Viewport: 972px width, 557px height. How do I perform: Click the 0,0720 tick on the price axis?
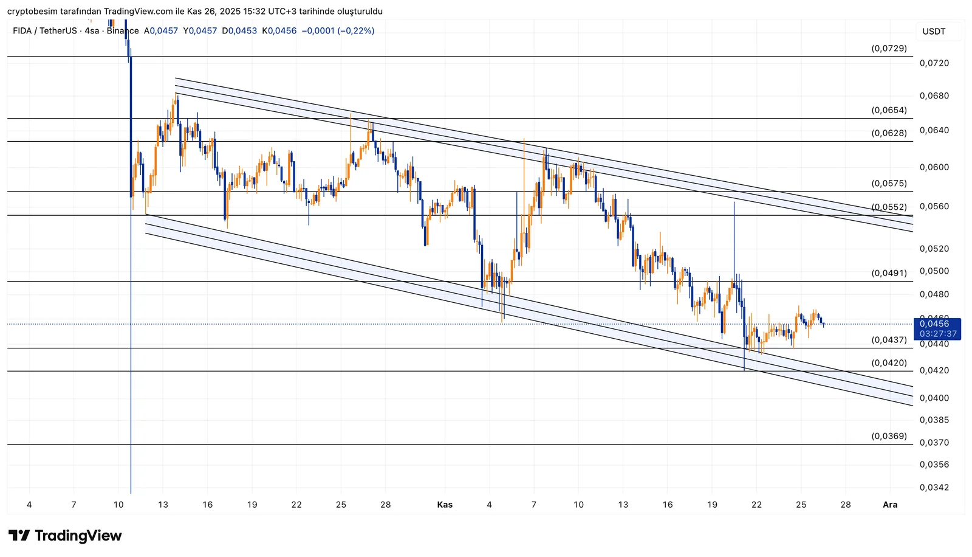(934, 63)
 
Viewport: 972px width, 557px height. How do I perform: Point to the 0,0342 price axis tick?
(934, 488)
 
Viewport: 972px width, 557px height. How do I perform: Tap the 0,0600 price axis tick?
(934, 168)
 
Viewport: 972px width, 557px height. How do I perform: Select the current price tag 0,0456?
(934, 324)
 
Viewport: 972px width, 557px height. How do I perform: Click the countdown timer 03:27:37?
(937, 334)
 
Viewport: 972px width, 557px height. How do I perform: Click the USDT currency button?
(934, 32)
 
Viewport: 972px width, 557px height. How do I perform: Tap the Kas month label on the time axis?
(445, 505)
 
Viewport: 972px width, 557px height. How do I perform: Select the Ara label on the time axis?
(890, 505)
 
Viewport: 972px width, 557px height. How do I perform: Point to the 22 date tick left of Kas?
(296, 505)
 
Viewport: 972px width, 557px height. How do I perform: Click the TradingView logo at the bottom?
(65, 536)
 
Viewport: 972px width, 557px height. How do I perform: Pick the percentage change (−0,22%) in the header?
(356, 30)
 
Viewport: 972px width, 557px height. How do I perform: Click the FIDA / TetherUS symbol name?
(44, 30)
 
